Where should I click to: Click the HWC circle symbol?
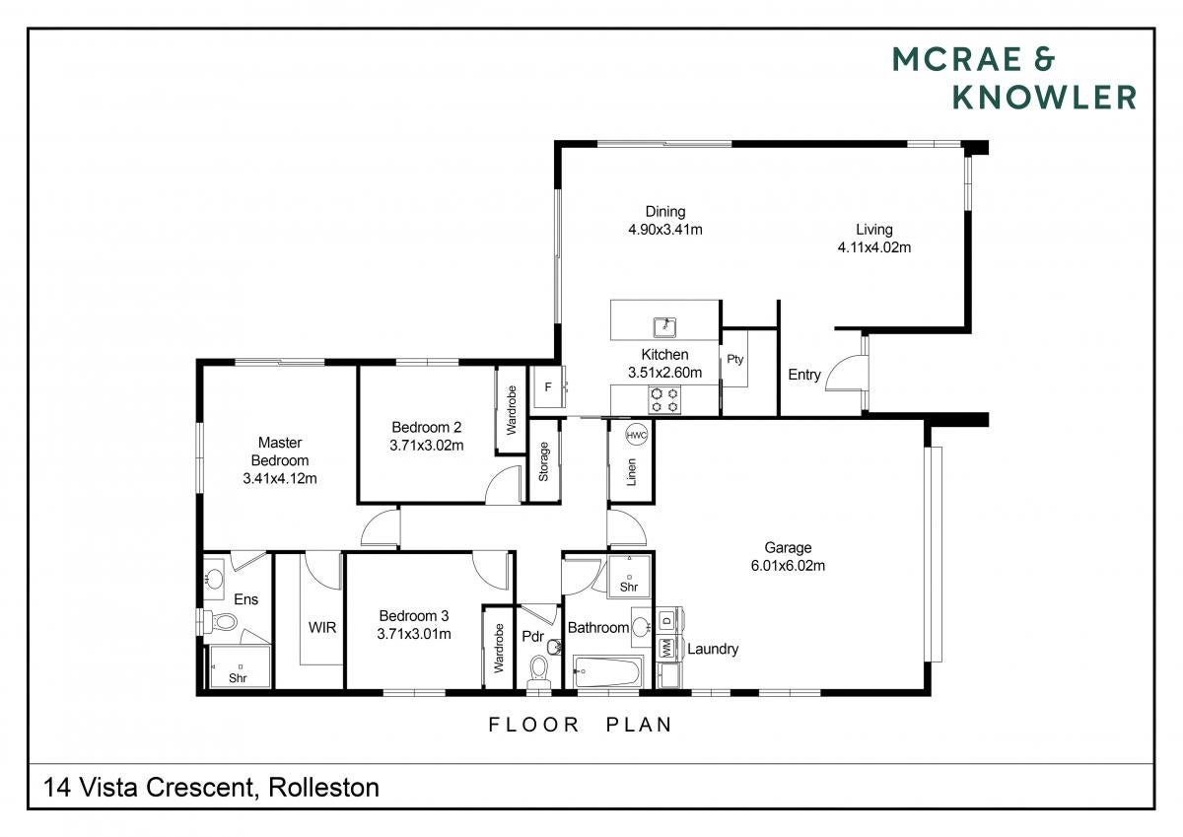pyautogui.click(x=636, y=435)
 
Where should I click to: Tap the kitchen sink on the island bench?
pyautogui.click(x=664, y=327)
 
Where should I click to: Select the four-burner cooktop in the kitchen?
pyautogui.click(x=664, y=399)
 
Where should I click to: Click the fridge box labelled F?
pyautogui.click(x=549, y=387)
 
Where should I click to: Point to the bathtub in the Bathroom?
pyautogui.click(x=608, y=671)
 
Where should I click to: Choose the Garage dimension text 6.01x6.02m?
pyautogui.click(x=788, y=566)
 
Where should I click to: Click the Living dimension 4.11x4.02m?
pyautogui.click(x=874, y=247)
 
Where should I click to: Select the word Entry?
pyautogui.click(x=804, y=375)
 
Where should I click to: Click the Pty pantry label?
pyautogui.click(x=734, y=360)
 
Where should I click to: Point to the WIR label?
pyautogui.click(x=322, y=627)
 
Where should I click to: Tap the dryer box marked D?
pyautogui.click(x=667, y=620)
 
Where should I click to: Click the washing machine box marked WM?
pyautogui.click(x=667, y=648)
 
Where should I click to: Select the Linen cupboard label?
pyautogui.click(x=631, y=471)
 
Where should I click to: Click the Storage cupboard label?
pyautogui.click(x=543, y=461)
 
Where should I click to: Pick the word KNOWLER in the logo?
pyautogui.click(x=1044, y=98)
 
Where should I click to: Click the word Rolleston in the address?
pyautogui.click(x=323, y=788)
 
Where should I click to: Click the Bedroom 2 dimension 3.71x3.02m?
pyautogui.click(x=426, y=446)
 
